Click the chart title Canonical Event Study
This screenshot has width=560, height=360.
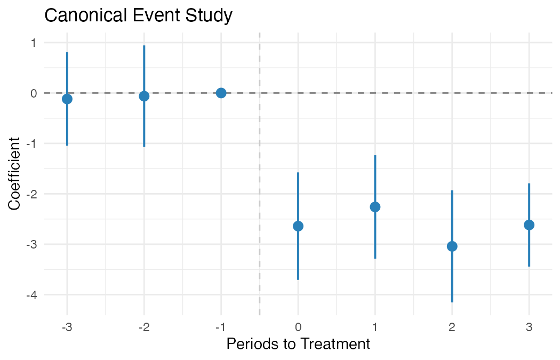click(x=138, y=15)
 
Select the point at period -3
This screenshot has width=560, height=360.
click(x=67, y=99)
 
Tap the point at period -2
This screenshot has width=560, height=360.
click(x=144, y=96)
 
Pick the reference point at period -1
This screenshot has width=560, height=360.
click(x=221, y=93)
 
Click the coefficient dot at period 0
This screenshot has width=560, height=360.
click(x=298, y=226)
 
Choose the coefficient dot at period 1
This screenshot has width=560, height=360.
click(x=375, y=207)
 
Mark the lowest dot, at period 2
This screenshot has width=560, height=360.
click(x=452, y=246)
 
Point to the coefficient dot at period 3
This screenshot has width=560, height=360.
click(x=529, y=225)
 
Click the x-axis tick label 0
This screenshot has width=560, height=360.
click(x=298, y=327)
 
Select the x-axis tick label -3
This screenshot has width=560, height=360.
click(x=67, y=327)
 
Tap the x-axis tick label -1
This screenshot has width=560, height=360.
click(x=221, y=327)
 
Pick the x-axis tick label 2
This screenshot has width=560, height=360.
click(x=452, y=327)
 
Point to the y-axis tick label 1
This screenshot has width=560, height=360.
click(x=34, y=43)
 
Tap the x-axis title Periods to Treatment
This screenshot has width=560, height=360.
click(x=298, y=344)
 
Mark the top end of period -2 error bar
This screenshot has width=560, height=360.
click(x=144, y=46)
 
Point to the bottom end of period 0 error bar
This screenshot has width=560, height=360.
click(x=298, y=279)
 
